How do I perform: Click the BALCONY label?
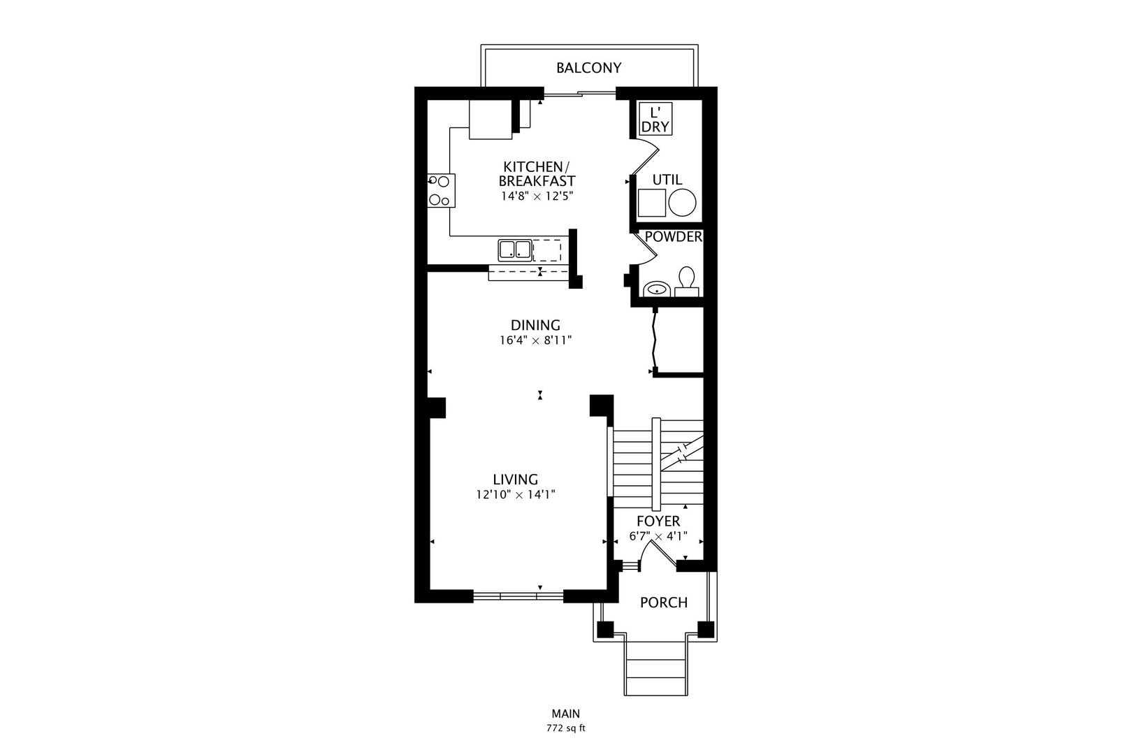[588, 68]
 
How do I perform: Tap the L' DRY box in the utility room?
[655, 120]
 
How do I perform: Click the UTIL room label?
[667, 180]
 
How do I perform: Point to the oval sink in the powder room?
[656, 288]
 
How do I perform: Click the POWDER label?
[673, 237]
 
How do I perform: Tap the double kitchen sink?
[515, 250]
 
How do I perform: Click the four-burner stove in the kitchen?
[441, 190]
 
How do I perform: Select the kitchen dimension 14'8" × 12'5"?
[537, 196]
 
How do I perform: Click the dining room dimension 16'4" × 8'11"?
[535, 341]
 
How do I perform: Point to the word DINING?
[535, 325]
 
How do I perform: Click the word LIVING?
[515, 480]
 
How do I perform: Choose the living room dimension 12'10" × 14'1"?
[515, 495]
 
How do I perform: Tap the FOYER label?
[658, 522]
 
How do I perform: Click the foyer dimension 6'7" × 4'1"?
[658, 537]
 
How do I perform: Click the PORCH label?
[663, 603]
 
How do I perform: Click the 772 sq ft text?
[565, 728]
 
